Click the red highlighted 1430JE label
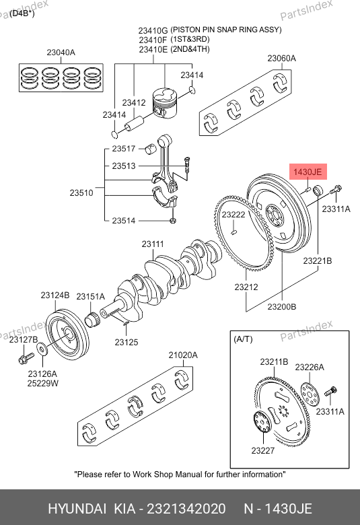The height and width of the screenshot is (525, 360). (x=308, y=172)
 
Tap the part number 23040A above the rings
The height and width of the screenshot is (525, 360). (x=61, y=53)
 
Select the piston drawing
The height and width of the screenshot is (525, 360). (x=164, y=103)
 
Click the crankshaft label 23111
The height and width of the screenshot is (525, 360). (x=153, y=244)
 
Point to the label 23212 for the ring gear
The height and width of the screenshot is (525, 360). (x=246, y=287)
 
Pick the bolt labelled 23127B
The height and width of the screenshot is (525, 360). (x=26, y=358)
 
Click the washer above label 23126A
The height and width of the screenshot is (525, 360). (x=42, y=349)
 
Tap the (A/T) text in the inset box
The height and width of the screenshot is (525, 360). (x=243, y=339)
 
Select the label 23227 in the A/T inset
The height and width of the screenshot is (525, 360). (x=263, y=451)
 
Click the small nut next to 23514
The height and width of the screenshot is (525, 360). (x=173, y=221)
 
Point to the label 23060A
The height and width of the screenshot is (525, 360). (x=282, y=59)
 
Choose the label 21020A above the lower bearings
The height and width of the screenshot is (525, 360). (x=183, y=355)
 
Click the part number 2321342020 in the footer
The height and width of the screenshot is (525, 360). (x=186, y=509)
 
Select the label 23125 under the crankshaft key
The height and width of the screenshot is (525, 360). (x=127, y=342)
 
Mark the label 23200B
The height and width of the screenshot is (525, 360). (x=282, y=307)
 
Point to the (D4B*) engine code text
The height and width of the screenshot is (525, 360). (x=22, y=13)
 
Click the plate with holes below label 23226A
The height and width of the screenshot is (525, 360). (x=310, y=394)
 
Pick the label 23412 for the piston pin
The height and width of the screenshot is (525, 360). (x=134, y=103)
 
